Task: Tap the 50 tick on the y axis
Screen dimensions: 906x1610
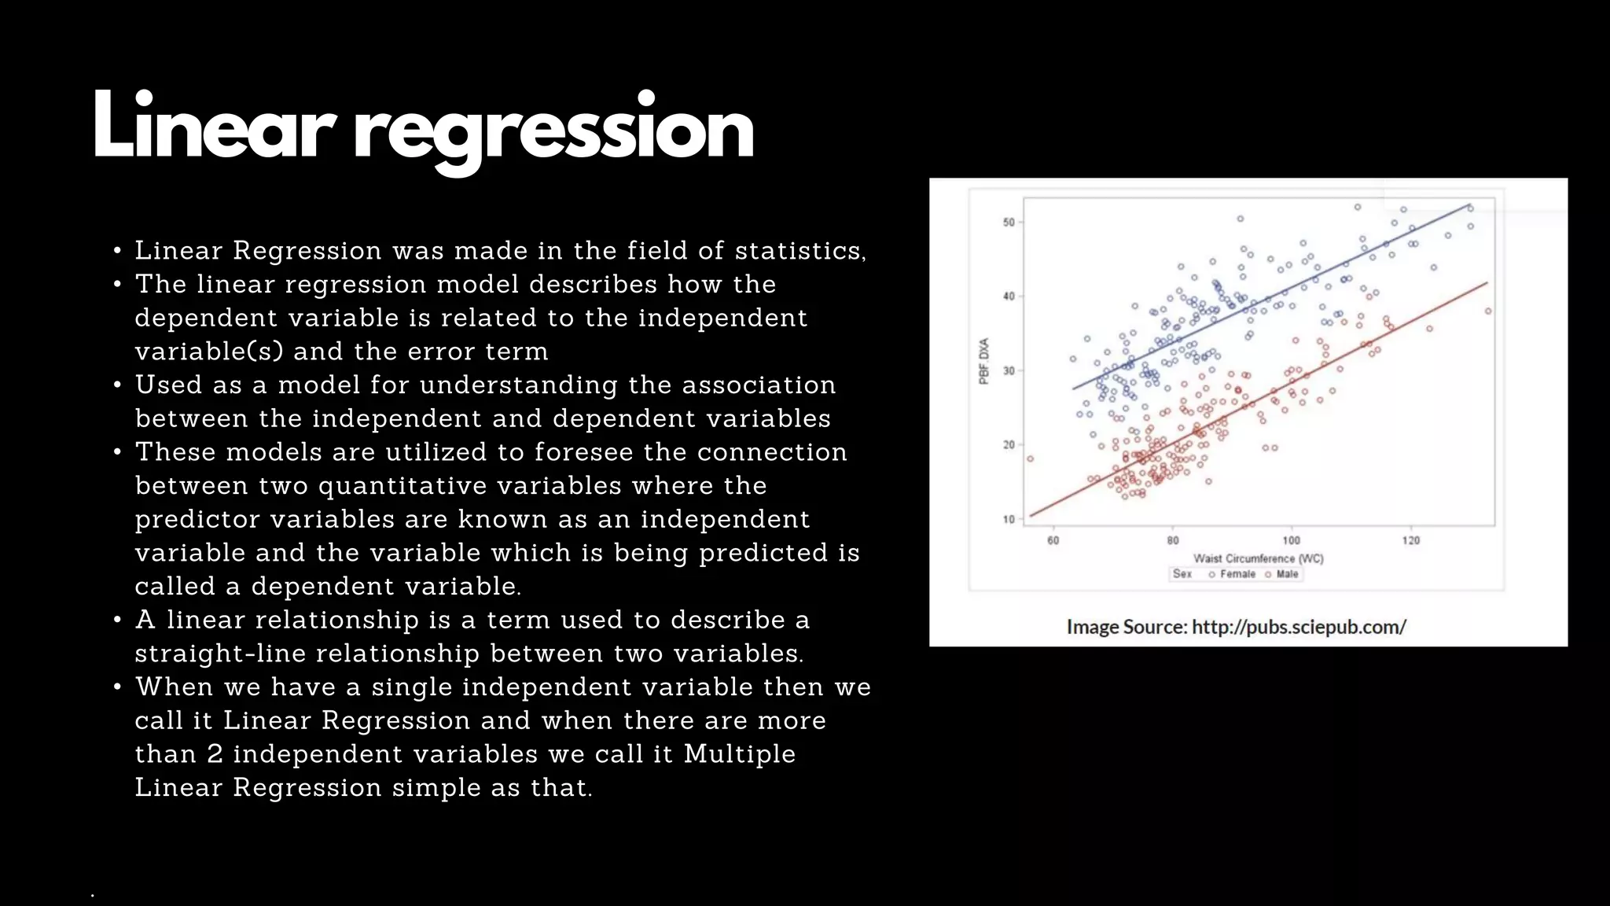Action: pos(1009,223)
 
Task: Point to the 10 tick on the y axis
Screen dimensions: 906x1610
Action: pos(1009,519)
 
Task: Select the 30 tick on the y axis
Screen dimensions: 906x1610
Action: pos(1009,370)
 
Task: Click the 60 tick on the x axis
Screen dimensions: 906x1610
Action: pos(1053,540)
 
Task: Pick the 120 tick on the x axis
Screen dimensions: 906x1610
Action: pos(1411,540)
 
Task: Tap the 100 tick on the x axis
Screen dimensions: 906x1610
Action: pos(1292,540)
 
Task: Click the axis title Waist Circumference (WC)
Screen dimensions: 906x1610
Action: pos(1259,558)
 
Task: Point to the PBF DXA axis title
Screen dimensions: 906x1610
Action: pos(984,361)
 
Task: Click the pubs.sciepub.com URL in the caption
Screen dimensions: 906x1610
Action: pos(1299,627)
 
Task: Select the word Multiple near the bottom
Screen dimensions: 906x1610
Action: pos(740,753)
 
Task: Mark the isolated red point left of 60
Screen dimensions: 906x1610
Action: pos(1030,459)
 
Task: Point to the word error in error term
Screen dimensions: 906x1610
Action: pos(440,351)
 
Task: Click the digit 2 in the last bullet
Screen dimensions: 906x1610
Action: pos(215,753)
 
